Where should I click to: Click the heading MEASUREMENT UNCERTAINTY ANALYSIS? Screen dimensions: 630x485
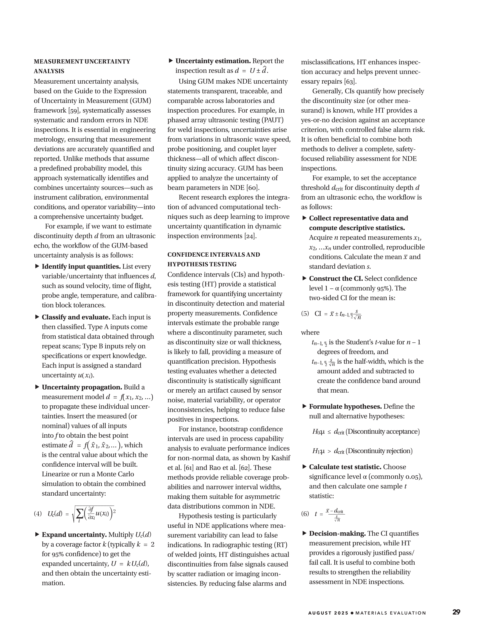point(82,66)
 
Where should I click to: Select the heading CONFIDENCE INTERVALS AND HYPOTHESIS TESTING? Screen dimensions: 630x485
point(213,259)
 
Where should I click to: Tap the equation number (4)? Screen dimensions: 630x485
point(38,514)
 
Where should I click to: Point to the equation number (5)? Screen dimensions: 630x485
point(305,313)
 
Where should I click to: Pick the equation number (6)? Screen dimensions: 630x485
point(305,514)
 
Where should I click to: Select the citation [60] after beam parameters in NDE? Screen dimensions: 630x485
point(253,188)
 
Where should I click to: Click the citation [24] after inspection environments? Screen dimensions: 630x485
point(250,236)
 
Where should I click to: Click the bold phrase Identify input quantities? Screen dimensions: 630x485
point(81,267)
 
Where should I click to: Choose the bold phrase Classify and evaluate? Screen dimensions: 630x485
point(76,317)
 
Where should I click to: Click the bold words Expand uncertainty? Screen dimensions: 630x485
point(74,535)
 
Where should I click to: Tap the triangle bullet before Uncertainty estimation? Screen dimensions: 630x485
point(171,61)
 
